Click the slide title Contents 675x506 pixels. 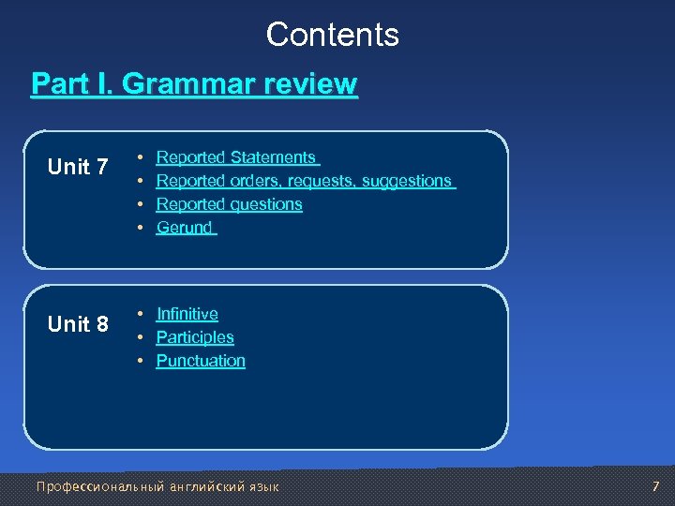click(x=332, y=35)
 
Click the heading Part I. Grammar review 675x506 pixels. click(x=194, y=84)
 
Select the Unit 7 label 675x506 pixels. click(x=78, y=168)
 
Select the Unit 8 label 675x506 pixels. click(x=78, y=325)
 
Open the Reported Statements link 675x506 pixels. click(x=236, y=157)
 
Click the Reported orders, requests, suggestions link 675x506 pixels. click(x=304, y=181)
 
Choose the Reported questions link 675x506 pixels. click(x=229, y=204)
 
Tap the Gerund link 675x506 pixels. click(x=185, y=228)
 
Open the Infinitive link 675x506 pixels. click(x=187, y=314)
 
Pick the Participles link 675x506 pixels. click(x=195, y=337)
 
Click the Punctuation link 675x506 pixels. click(x=201, y=361)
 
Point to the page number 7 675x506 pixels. click(x=655, y=486)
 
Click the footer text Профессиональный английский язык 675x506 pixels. click(x=157, y=486)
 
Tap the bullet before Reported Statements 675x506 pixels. click(x=139, y=157)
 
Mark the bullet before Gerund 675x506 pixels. click(x=139, y=228)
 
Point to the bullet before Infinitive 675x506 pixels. click(x=139, y=314)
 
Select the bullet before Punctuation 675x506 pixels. click(x=139, y=361)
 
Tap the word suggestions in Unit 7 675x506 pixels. click(x=409, y=181)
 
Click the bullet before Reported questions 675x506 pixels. click(x=139, y=204)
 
